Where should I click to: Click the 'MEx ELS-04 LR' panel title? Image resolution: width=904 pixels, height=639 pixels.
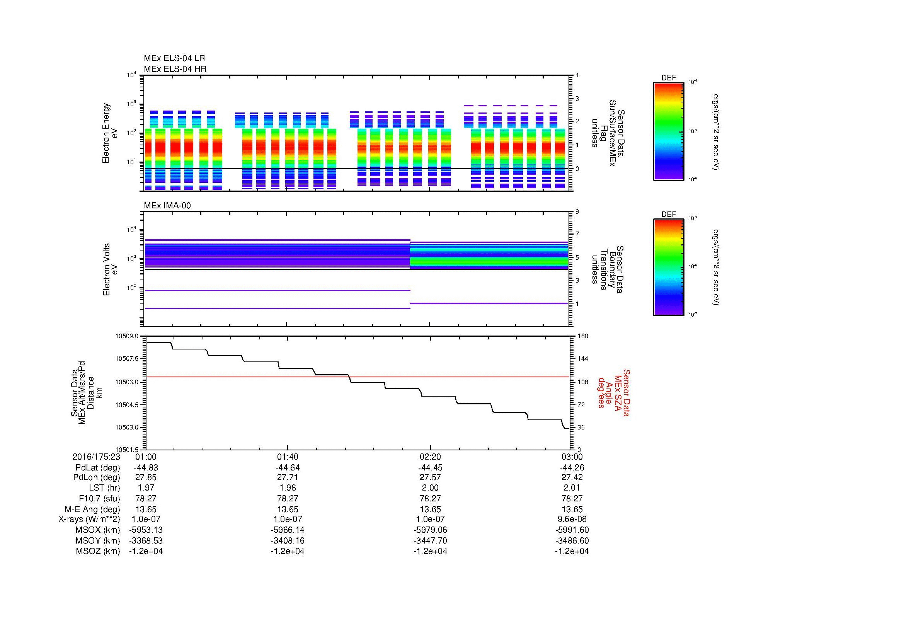point(174,58)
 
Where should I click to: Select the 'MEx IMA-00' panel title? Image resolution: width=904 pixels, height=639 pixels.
point(167,206)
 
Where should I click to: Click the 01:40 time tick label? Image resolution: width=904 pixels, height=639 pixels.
point(288,457)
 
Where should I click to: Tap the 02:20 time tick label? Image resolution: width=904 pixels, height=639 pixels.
point(430,457)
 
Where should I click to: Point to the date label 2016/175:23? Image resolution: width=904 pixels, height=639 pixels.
point(96,457)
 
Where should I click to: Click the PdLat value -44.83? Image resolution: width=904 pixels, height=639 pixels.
point(146,468)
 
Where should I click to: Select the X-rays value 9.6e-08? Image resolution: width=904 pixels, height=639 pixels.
point(572,519)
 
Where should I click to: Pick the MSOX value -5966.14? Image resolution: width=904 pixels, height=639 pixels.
point(288,530)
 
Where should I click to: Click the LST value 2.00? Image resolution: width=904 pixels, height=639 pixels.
point(430,487)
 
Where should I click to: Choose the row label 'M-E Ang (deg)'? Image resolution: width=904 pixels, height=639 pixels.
point(92,509)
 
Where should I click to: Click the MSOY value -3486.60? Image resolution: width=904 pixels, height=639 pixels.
point(572,540)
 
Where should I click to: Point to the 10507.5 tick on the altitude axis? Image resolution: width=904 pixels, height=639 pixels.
point(127,359)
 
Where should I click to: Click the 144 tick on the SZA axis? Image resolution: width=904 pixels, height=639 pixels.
point(582,359)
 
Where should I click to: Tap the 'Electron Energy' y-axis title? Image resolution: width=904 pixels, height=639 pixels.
point(107,133)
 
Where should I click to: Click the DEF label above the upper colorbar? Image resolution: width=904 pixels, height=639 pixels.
point(669,78)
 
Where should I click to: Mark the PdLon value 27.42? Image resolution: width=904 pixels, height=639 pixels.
point(572,477)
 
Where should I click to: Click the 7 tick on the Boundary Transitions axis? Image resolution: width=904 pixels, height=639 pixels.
point(577,234)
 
